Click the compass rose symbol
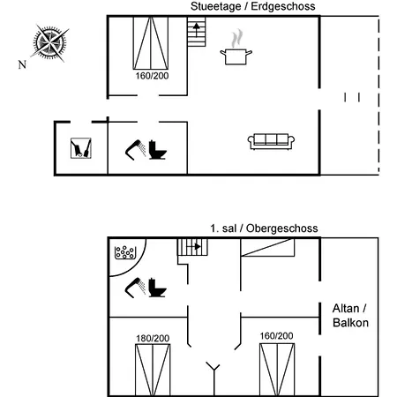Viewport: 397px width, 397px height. tap(49, 43)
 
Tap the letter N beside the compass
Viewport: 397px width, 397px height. tap(22, 64)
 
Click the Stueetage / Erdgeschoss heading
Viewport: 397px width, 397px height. tap(253, 6)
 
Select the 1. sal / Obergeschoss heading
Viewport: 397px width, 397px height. tap(264, 228)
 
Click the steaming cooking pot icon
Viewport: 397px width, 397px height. tap(236, 48)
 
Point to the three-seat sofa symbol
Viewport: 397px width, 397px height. tap(271, 142)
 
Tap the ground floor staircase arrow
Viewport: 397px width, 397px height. tap(197, 29)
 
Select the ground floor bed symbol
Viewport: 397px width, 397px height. tap(151, 43)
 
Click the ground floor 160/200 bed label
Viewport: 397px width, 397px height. tap(152, 76)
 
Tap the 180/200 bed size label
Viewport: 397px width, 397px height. tap(153, 339)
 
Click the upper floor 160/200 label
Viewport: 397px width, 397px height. tap(276, 336)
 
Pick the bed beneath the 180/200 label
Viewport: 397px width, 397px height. tap(153, 370)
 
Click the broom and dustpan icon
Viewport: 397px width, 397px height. tap(81, 148)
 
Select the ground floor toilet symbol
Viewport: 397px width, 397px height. tap(157, 150)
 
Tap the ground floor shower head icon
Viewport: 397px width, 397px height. tap(135, 150)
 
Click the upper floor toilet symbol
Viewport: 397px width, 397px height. tap(157, 288)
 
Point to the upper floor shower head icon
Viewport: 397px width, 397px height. tap(135, 288)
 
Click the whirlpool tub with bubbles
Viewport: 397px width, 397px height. tap(125, 252)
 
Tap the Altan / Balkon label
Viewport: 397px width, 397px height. tap(350, 316)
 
